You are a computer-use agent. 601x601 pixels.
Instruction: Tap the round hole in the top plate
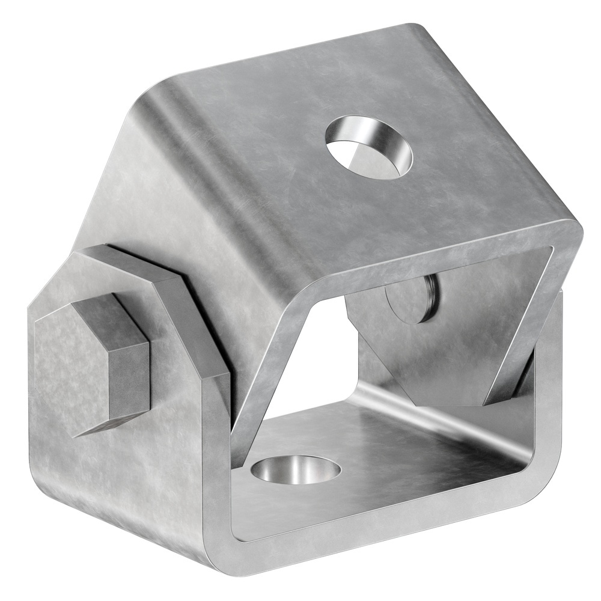[368, 147]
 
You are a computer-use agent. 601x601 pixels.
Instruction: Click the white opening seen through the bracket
[313, 361]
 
